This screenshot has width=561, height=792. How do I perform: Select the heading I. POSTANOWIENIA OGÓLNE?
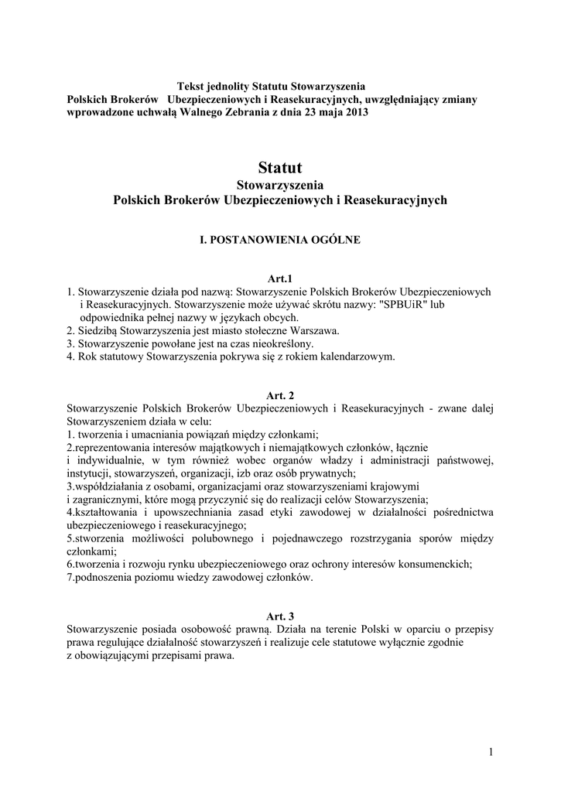[x=280, y=241]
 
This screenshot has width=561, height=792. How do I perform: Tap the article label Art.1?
[x=280, y=278]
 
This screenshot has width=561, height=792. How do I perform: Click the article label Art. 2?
[x=280, y=395]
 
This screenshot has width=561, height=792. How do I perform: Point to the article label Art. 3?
[x=280, y=616]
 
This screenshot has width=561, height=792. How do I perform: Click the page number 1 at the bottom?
[x=491, y=751]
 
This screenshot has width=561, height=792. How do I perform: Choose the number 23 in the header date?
[x=305, y=113]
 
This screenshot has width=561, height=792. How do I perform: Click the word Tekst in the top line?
[x=192, y=87]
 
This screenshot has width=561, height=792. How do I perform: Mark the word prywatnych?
[x=326, y=473]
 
